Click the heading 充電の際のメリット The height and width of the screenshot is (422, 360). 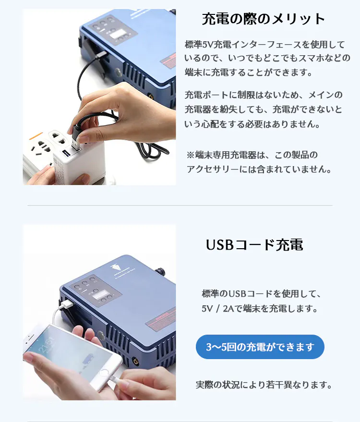[x=264, y=19]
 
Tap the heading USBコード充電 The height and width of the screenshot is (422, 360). [x=254, y=245]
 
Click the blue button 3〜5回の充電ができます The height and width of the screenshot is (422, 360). [x=260, y=347]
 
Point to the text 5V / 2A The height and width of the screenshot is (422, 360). [x=218, y=308]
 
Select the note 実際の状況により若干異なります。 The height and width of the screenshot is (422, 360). [x=264, y=385]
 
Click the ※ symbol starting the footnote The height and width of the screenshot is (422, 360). [x=191, y=155]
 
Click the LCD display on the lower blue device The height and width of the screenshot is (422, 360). [x=101, y=294]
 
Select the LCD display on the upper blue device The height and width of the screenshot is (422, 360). [x=117, y=35]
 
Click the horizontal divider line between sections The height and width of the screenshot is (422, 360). [x=180, y=205]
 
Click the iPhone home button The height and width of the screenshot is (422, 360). [x=104, y=373]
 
